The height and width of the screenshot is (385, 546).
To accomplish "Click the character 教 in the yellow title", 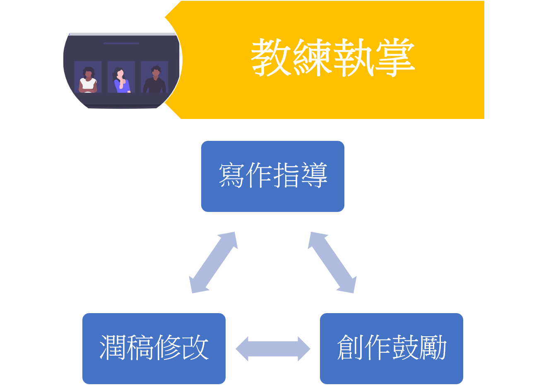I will click(x=271, y=58).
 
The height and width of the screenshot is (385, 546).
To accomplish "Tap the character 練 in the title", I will click(x=312, y=58).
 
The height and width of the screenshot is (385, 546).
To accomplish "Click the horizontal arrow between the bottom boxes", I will click(x=273, y=349).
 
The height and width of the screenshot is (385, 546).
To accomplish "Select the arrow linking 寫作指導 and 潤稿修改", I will click(x=213, y=263).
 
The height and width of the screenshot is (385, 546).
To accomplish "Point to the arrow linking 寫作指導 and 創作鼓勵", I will click(x=332, y=263).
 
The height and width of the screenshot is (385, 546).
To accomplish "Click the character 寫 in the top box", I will click(x=232, y=176).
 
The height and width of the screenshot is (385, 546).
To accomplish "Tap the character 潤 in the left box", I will click(x=113, y=347).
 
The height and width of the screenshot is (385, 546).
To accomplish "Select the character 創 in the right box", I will click(x=350, y=347).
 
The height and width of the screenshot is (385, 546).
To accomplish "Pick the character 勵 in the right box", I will click(x=433, y=347).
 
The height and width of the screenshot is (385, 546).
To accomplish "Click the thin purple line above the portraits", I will click(x=121, y=43).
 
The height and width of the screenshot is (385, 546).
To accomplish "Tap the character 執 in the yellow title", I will click(x=353, y=58).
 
